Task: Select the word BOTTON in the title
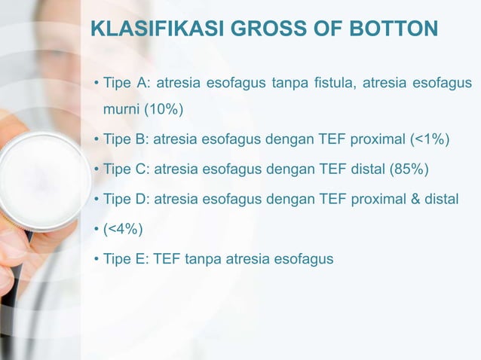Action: pos(397,29)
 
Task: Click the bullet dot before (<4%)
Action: pos(97,229)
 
